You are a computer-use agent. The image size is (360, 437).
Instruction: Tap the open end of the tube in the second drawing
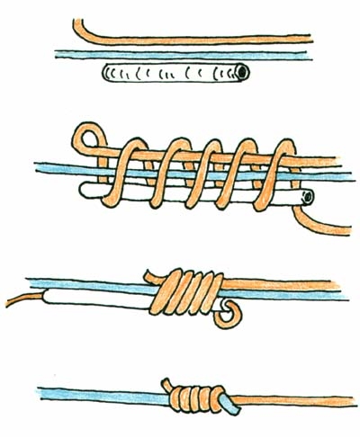tap(308, 195)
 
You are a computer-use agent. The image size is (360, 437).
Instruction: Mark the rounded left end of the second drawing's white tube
tap(83, 190)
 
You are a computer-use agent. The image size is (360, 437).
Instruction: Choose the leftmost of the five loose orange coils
tap(131, 166)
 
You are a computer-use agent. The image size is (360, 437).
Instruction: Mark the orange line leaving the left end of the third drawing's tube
tap(22, 300)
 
